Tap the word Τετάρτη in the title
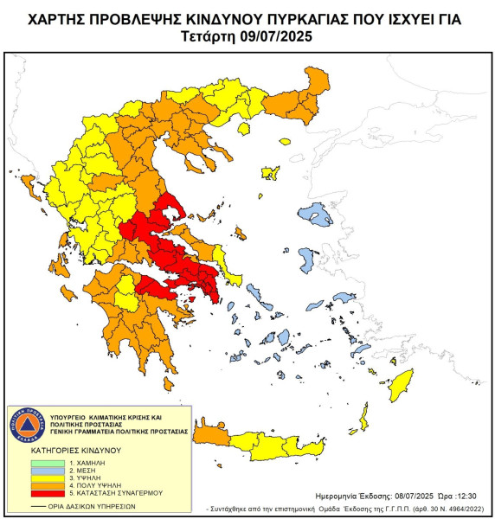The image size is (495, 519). tap(210, 37)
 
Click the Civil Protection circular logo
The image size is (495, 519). tap(32, 426)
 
